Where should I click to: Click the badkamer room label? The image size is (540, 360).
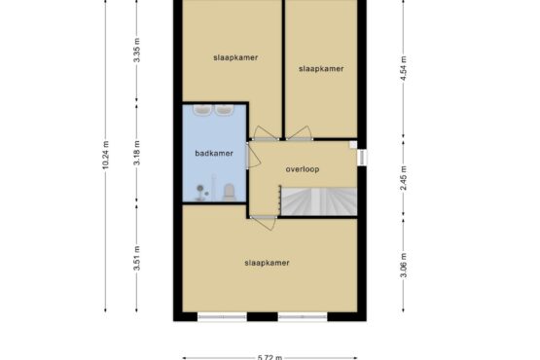[214, 154]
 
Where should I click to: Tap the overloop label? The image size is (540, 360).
[303, 169]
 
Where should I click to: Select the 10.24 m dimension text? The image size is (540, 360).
[105, 155]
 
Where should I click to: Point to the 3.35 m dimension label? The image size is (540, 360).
[137, 50]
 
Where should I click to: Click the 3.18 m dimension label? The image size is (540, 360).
[137, 153]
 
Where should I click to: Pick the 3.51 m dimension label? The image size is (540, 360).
[137, 258]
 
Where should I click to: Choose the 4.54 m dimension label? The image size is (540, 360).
[404, 68]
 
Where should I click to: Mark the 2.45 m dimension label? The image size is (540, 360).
[404, 178]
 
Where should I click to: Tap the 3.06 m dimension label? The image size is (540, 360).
[404, 265]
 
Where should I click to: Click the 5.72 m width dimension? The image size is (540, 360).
[270, 358]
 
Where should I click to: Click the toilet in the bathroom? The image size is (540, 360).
[229, 192]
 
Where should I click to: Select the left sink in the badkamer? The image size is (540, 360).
[203, 110]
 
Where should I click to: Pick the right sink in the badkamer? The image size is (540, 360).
[225, 110]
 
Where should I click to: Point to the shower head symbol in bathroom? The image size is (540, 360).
[200, 188]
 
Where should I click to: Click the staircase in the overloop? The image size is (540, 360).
[318, 201]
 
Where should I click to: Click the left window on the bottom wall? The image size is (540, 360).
[222, 316]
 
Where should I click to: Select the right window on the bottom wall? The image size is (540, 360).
[303, 316]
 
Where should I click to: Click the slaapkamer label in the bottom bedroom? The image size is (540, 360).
[267, 263]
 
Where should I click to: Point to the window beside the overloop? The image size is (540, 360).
[362, 158]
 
